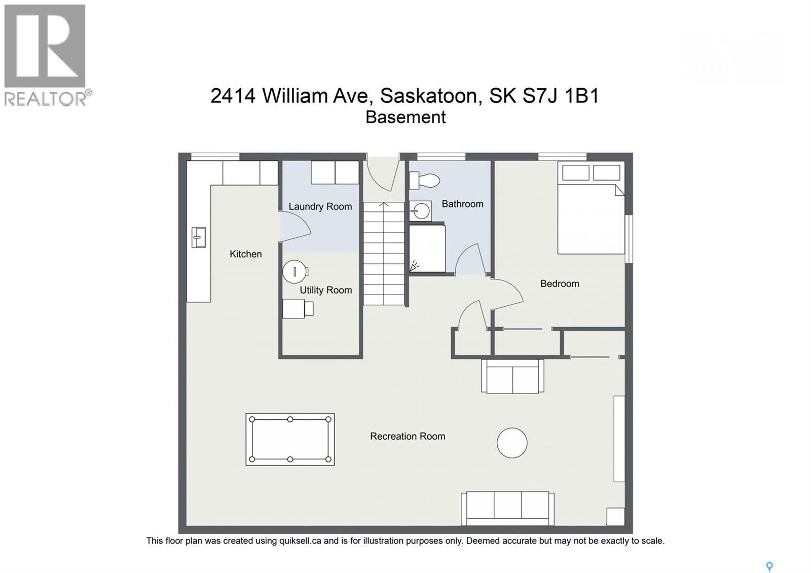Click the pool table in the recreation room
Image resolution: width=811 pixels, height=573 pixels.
tap(290, 439)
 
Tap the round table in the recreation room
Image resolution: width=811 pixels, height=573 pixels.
tap(512, 443)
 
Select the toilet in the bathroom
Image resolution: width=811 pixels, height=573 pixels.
tap(424, 180)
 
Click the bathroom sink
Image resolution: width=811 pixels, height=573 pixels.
tap(421, 211)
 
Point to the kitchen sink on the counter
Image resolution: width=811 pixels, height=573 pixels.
tap(199, 237)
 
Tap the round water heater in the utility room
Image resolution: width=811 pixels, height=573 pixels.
tap(294, 272)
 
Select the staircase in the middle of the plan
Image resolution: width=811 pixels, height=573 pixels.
tap(384, 254)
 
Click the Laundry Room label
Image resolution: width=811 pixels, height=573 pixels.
tap(320, 206)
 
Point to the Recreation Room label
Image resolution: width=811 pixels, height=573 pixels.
tap(407, 436)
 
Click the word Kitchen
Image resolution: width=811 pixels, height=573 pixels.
tap(245, 254)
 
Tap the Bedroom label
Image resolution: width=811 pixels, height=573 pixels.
tap(559, 283)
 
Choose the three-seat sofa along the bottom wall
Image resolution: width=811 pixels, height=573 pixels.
tap(507, 508)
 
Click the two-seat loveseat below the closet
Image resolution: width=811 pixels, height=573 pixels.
tap(512, 376)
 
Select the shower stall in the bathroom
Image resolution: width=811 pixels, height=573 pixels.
tap(427, 248)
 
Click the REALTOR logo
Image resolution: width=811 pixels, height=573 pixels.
tap(46, 55)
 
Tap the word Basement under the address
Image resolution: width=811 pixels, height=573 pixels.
tap(405, 117)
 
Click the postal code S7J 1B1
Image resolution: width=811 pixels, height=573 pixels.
tap(561, 95)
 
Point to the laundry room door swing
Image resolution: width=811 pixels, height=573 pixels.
tap(294, 226)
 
